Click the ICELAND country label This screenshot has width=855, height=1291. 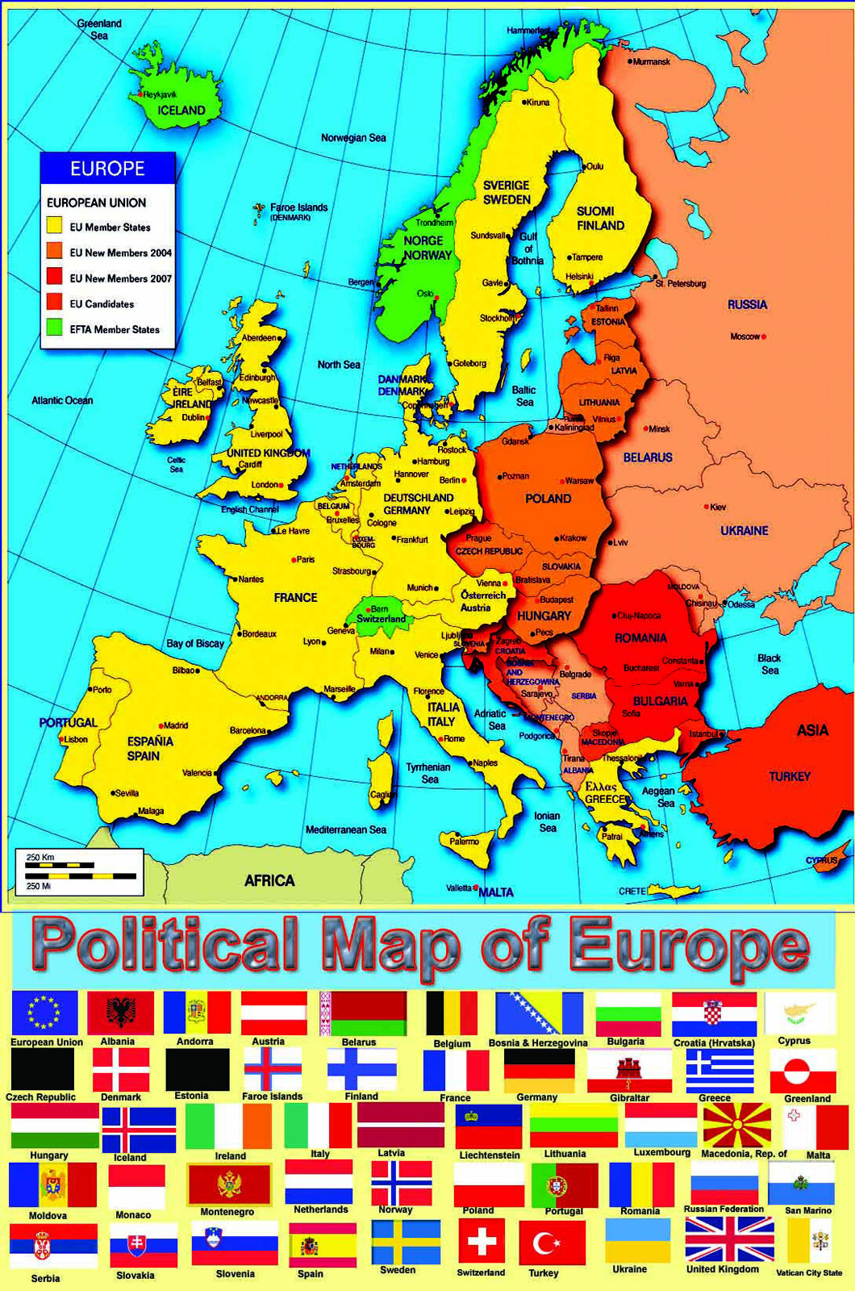point(181,111)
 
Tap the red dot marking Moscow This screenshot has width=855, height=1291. point(764,336)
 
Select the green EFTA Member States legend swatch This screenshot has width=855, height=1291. point(54,328)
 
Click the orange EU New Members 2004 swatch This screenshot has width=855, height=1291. point(54,251)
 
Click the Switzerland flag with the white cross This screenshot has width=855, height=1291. point(482,1241)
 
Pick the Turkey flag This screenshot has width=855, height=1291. point(552,1243)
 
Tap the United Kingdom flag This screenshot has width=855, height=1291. point(728,1239)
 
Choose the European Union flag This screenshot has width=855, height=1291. point(45,1012)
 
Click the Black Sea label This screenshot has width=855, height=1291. point(769,664)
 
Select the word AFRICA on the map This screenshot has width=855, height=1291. point(269,880)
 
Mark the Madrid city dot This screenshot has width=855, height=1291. point(161,725)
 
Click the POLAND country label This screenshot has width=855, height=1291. point(548,499)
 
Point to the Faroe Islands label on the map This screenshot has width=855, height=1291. point(298,208)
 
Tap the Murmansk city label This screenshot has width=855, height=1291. point(652,61)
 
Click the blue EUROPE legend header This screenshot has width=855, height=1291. point(107,168)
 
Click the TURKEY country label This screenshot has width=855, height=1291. point(789,776)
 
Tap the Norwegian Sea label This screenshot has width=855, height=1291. point(353,138)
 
